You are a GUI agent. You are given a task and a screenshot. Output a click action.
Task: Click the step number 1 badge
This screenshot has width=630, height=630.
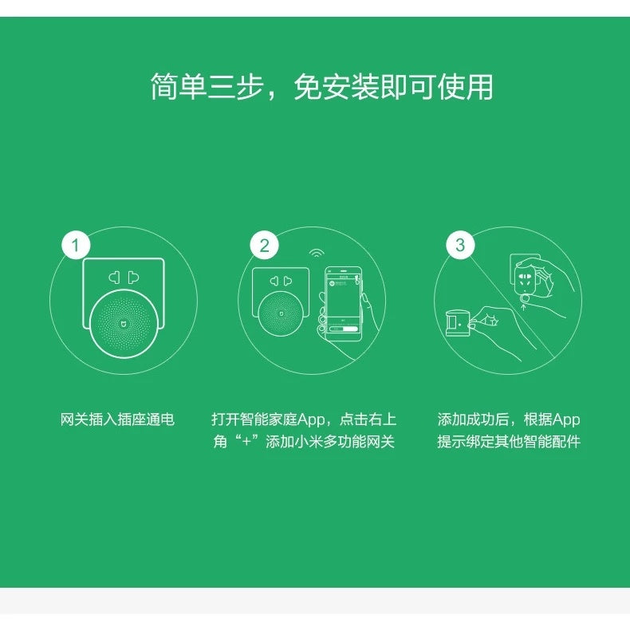[76, 245]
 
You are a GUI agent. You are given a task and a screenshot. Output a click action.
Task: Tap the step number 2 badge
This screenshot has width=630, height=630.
[265, 245]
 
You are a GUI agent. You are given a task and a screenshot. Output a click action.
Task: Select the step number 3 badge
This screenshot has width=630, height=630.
[459, 245]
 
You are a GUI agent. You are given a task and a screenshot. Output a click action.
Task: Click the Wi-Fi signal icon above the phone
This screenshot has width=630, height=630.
[317, 254]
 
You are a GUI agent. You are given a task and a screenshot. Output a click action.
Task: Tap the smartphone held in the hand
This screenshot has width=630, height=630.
[343, 301]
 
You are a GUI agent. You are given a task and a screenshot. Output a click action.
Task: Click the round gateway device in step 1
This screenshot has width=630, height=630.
[123, 322]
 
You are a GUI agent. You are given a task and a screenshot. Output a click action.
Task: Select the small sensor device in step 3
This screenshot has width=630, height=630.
[455, 322]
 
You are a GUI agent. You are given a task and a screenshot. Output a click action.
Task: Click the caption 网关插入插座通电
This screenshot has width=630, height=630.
[117, 419]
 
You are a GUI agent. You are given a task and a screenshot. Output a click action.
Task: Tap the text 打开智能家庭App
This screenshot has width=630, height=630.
[268, 419]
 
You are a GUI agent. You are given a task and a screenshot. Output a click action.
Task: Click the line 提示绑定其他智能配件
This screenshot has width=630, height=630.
[509, 442]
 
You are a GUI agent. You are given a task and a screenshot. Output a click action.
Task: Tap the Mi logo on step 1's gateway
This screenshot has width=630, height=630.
[123, 325]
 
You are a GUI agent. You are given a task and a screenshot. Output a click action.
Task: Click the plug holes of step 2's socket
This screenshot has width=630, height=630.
[279, 281]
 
